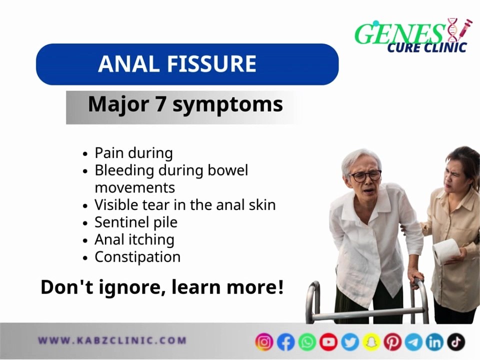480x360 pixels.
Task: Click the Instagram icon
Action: (x=264, y=342)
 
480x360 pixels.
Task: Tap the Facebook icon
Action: (x=286, y=342)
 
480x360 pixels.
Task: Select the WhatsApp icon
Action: (x=307, y=342)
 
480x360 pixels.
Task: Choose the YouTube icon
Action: (x=328, y=342)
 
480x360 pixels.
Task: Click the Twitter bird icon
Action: (x=350, y=342)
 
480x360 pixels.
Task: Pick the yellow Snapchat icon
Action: (x=371, y=342)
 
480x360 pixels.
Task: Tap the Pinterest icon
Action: (x=392, y=342)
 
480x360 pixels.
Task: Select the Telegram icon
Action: (x=413, y=342)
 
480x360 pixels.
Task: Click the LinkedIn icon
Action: (x=435, y=342)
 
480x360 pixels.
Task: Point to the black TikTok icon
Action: (x=456, y=342)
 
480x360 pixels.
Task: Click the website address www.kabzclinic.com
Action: (x=112, y=341)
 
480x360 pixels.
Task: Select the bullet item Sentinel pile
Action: (x=135, y=222)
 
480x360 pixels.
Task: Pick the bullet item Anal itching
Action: (x=134, y=239)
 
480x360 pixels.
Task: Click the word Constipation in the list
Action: (x=137, y=257)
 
